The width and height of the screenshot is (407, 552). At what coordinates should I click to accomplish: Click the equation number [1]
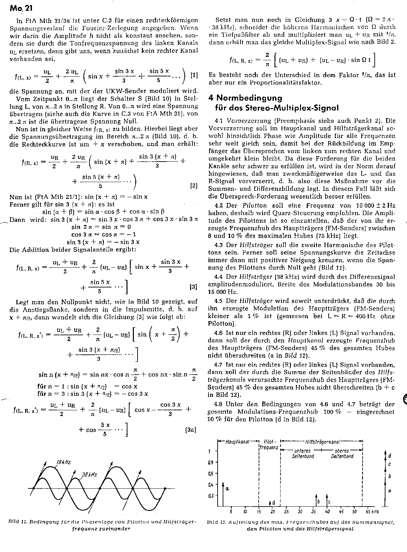(194, 76)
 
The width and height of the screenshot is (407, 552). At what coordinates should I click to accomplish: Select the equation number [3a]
(190, 430)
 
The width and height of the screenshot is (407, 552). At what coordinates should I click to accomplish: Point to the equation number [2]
(194, 185)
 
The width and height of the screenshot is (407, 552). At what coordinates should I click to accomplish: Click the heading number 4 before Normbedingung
(211, 98)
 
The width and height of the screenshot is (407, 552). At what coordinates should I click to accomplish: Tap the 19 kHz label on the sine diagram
(64, 462)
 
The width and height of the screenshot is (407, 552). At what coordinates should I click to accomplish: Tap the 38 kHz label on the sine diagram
(89, 475)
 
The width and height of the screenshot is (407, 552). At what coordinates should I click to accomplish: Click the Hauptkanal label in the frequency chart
(238, 442)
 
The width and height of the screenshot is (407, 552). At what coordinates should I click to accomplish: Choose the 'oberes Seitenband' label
(342, 453)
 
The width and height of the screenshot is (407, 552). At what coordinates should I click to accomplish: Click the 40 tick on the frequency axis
(327, 512)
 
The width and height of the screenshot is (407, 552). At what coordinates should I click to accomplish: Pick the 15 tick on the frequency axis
(259, 512)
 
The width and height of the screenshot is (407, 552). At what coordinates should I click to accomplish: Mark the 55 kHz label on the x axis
(372, 512)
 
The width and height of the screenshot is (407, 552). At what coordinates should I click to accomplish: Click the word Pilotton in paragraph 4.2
(254, 205)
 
